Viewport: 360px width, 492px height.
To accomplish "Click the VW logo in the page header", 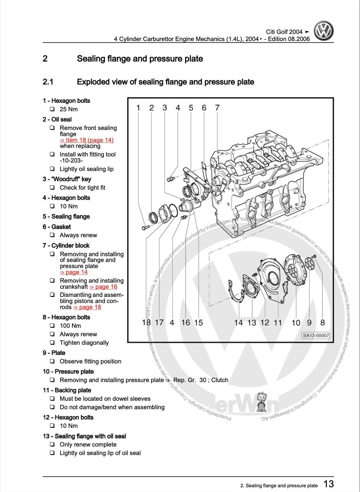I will pos(323,31).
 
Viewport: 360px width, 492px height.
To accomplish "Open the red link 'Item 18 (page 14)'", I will pos(87,140).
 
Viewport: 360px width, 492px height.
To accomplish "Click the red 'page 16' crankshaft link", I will pos(103,287).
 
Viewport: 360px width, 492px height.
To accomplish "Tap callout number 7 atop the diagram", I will pos(217,108).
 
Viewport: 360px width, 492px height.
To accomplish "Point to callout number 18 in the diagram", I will pos(146,322).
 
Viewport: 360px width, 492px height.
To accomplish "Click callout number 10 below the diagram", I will pos(296,322).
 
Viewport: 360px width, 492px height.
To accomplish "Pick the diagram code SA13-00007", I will pos(316,335).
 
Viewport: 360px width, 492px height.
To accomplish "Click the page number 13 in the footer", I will pos(328,484).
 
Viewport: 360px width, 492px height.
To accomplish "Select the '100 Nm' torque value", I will pos(70,326).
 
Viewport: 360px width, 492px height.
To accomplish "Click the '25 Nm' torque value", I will pos(69,109).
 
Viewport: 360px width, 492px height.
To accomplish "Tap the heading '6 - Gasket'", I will pos(57,227).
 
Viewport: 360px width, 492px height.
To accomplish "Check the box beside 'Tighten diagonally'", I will pos(52,343).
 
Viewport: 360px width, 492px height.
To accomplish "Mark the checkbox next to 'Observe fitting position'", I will pos(52,361).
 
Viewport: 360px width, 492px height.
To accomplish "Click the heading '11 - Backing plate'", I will pos(67,390).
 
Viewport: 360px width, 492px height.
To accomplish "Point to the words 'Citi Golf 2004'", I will pos(284,32).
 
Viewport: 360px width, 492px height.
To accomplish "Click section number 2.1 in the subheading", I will pos(48,82).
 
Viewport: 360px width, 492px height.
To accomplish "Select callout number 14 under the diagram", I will pos(238,322).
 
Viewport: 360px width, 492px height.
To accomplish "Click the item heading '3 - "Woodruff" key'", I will pos(67,179).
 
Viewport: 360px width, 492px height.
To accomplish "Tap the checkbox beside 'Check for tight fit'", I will pos(52,188).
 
